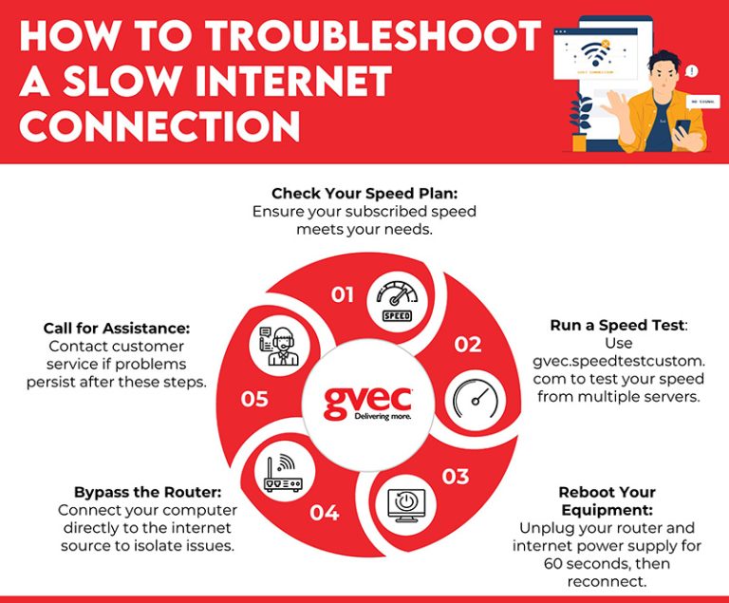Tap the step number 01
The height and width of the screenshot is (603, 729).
click(343, 295)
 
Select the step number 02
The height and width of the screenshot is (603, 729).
click(467, 345)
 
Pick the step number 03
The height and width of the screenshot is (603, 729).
click(456, 476)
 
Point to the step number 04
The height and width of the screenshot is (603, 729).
click(324, 513)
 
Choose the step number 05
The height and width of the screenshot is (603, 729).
click(254, 399)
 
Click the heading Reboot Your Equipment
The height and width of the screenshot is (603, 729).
click(607, 500)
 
